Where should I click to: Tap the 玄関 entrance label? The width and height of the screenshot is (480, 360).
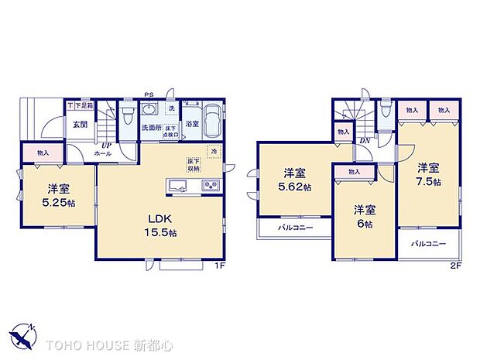pyautogui.click(x=79, y=124)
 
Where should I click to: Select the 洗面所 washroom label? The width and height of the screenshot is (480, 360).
pyautogui.click(x=150, y=128)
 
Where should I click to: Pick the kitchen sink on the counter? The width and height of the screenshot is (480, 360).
pyautogui.click(x=177, y=184)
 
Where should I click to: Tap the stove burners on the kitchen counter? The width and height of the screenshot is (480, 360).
pyautogui.click(x=210, y=184)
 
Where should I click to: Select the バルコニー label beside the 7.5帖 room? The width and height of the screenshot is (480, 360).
pyautogui.click(x=426, y=244)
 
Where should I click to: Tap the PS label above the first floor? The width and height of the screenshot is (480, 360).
pyautogui.click(x=149, y=96)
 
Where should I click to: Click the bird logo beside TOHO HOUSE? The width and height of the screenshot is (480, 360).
pyautogui.click(x=22, y=339)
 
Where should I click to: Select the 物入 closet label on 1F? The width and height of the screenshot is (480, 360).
pyautogui.click(x=43, y=153)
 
